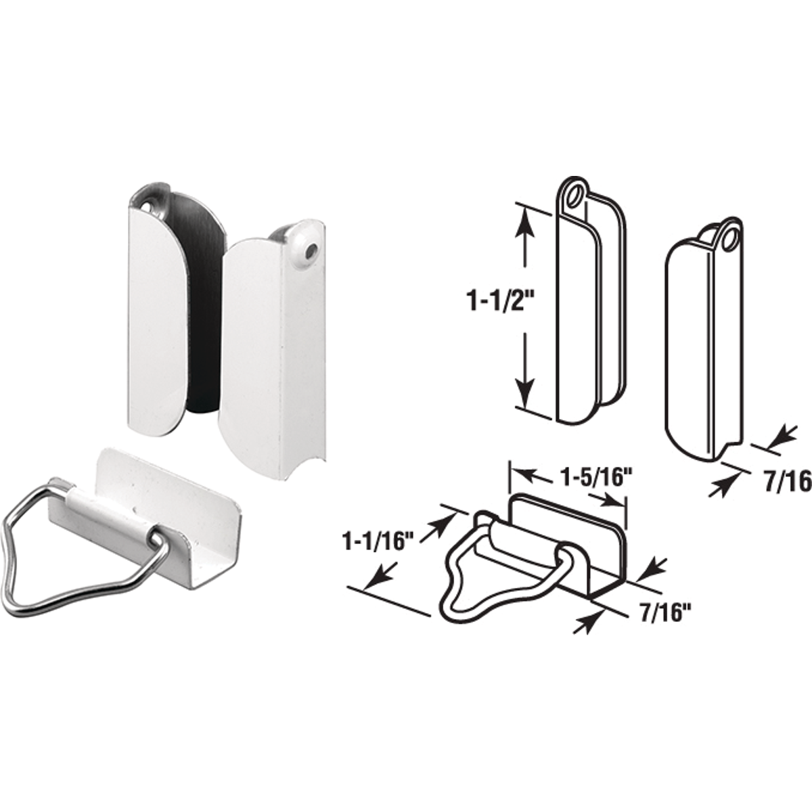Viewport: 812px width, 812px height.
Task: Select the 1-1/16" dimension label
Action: point(377,540)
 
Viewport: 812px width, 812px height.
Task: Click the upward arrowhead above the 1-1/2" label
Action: point(526,221)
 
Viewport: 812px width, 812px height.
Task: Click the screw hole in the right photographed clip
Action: point(309,251)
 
